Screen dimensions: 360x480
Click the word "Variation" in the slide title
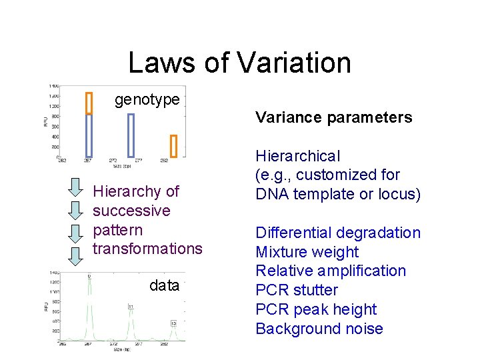coord(293,63)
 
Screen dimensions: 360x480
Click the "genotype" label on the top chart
coord(147,100)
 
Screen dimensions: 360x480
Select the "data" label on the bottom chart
coord(164,285)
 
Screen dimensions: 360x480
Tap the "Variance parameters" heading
coord(333,118)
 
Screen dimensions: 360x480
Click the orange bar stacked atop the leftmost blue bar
coord(89,103)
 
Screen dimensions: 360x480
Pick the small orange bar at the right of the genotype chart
coord(173,145)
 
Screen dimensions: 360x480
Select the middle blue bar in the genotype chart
coord(131,135)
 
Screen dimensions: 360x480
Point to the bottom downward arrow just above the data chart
coord(76,255)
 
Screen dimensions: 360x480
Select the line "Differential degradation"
coord(338,233)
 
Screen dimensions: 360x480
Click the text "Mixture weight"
coord(307,252)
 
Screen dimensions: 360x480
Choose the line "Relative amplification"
coord(330,271)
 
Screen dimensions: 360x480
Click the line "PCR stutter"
coord(297,290)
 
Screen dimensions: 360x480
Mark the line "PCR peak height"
coord(316,309)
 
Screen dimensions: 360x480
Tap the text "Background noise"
coord(319,329)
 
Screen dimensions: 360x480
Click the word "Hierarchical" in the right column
coord(298,156)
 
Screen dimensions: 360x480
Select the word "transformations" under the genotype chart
coord(147,249)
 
